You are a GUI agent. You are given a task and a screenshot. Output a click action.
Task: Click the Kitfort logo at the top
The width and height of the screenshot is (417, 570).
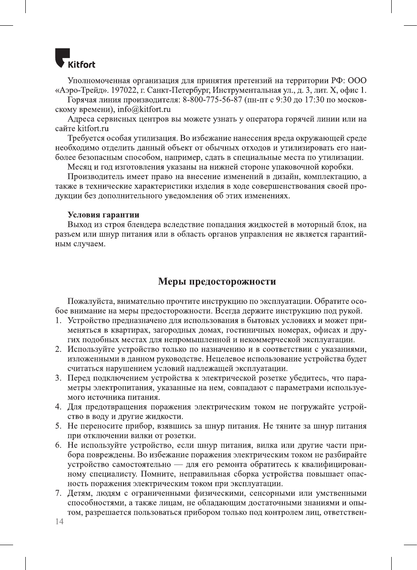pos(75,58)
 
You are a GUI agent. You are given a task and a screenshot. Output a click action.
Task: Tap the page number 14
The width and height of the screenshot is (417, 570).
pos(59,522)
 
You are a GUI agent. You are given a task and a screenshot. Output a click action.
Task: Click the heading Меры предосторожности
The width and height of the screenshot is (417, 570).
pos(217,281)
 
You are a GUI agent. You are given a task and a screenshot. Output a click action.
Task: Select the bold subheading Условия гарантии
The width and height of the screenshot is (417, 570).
pos(103,215)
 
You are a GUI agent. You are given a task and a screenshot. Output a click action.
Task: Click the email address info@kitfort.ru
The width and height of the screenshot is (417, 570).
pos(144,109)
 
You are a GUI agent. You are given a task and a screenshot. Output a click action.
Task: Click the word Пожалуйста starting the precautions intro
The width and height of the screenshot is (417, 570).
pos(90,301)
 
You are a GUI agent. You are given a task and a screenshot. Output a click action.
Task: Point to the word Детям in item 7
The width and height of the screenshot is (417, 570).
pos(80,493)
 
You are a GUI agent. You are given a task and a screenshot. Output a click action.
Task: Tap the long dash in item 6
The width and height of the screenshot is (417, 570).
pos(178,464)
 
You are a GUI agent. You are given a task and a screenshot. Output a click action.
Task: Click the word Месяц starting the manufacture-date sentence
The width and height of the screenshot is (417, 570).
pos(80,167)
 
